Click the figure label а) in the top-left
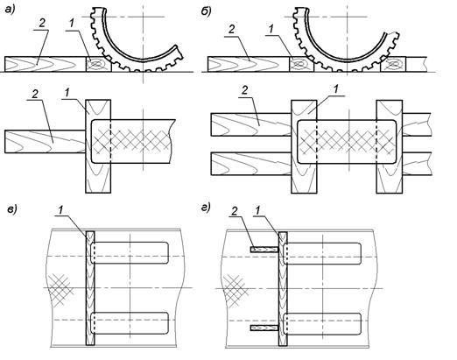pos(11,10)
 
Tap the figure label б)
pos(206,11)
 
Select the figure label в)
pos(12,209)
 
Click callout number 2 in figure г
pos(235,211)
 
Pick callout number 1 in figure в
pos(61,210)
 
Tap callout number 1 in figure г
pos(258,211)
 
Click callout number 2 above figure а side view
pos(43,24)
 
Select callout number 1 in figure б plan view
pos(336,89)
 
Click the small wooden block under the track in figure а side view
pos(99,64)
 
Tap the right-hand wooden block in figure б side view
pos(393,65)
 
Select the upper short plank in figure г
pos(264,250)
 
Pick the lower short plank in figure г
pos(264,328)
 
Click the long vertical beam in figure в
pos(90,288)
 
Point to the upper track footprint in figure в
pos(130,253)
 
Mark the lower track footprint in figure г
pos(322,324)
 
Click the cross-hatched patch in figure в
pos(60,290)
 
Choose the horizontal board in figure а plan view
pos(46,142)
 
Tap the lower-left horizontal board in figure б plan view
pos(251,164)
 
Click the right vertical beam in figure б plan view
pos(390,146)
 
